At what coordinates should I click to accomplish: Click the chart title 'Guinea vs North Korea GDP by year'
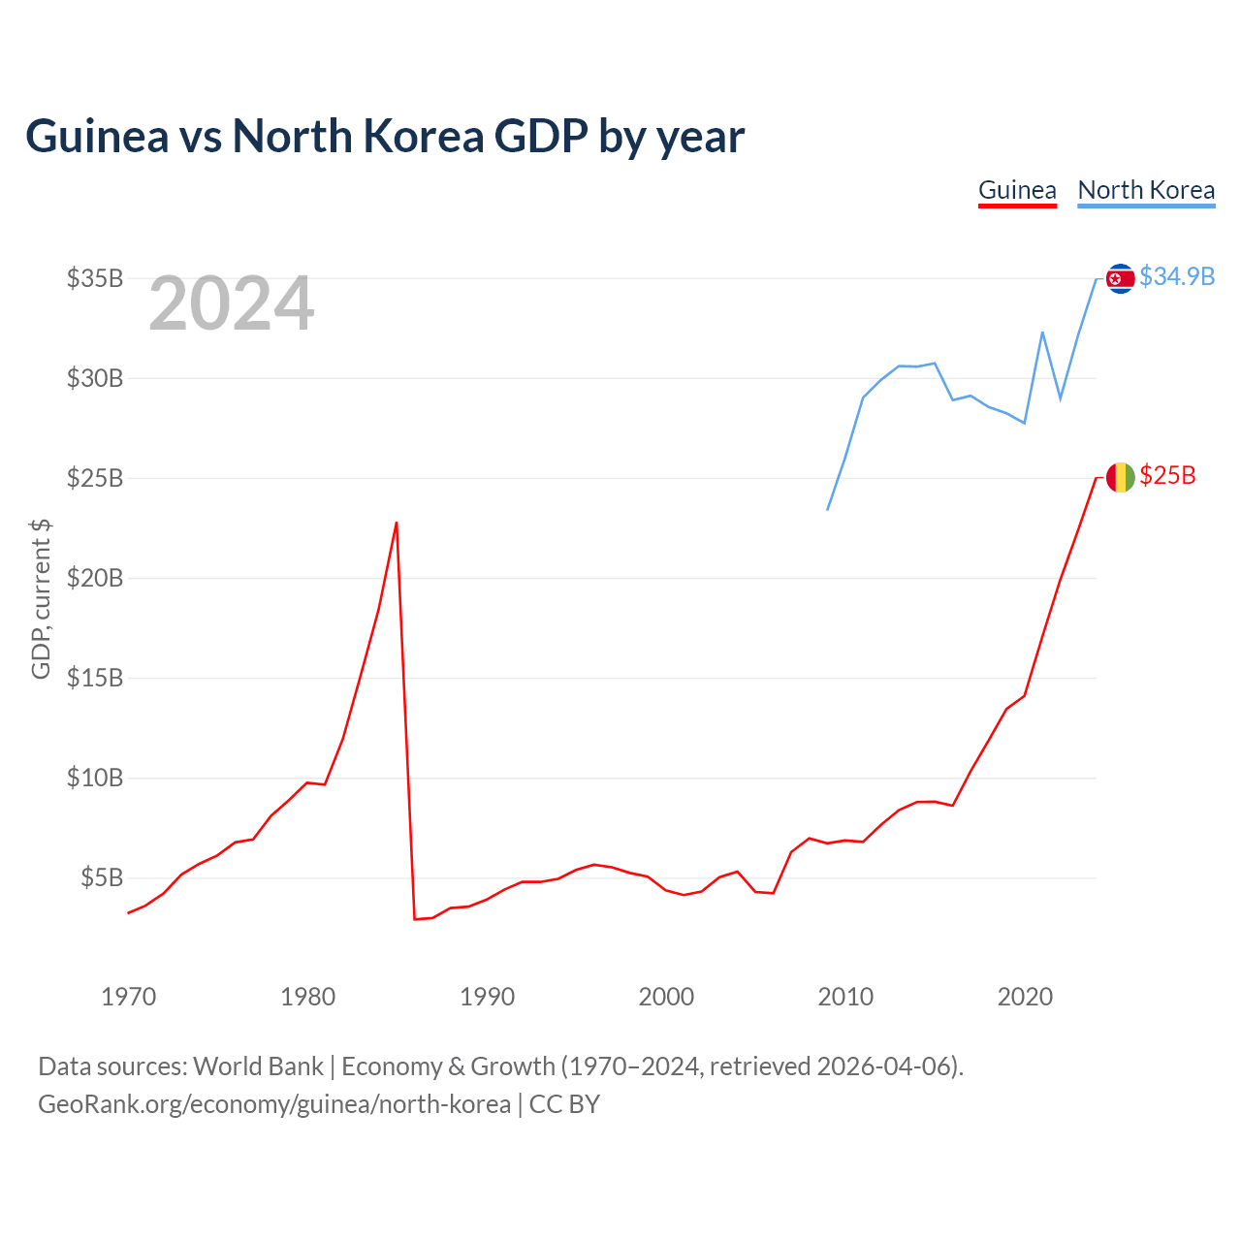[x=385, y=137]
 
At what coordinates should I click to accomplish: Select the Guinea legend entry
[x=1017, y=191]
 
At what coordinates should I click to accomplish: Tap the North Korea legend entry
[x=1146, y=191]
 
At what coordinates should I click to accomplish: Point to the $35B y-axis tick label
[x=95, y=278]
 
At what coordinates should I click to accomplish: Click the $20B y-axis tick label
[x=95, y=578]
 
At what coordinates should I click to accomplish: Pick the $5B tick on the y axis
[x=102, y=877]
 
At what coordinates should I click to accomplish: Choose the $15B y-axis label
[x=95, y=678]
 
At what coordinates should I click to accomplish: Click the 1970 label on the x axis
[x=129, y=997]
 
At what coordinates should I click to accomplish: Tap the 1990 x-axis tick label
[x=487, y=997]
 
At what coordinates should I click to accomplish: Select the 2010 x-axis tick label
[x=845, y=997]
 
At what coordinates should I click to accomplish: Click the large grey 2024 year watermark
[x=231, y=302]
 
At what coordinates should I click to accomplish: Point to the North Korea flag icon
[x=1120, y=278]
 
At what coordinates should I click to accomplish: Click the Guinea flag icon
[x=1120, y=477]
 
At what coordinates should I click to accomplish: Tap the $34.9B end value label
[x=1177, y=277]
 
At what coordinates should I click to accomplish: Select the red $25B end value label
[x=1167, y=476]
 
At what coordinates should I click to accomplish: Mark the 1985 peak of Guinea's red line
[x=397, y=523]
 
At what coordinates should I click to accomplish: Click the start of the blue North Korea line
[x=828, y=510]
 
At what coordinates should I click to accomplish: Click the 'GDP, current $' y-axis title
[x=41, y=599]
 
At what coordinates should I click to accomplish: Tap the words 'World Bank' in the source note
[x=258, y=1066]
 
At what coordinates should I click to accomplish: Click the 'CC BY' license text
[x=564, y=1104]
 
